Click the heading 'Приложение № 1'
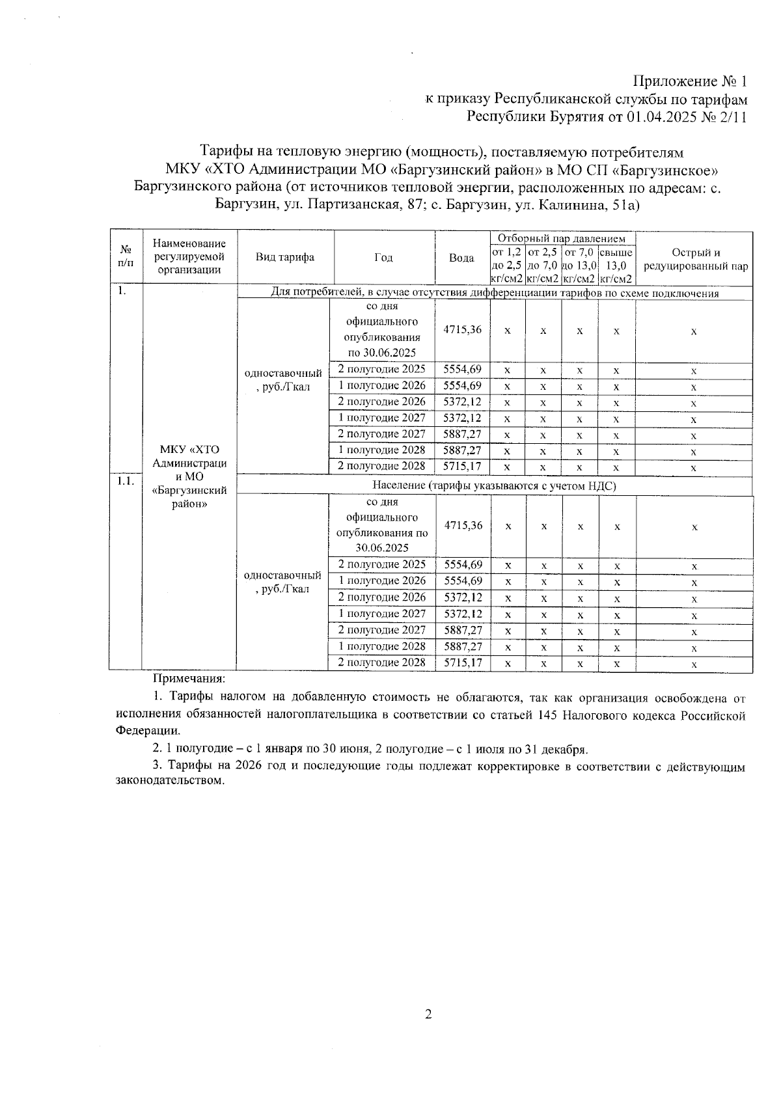(689, 82)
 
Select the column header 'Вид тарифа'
(285, 257)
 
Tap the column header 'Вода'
(461, 258)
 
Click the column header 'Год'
(383, 258)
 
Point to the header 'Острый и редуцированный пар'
(695, 260)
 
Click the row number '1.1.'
(125, 481)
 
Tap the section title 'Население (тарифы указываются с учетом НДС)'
(494, 485)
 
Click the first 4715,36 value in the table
(462, 329)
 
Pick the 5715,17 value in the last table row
(463, 662)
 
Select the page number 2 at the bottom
(428, 1014)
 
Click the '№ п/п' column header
(125, 257)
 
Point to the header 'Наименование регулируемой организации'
(189, 257)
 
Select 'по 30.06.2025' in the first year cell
(382, 353)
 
